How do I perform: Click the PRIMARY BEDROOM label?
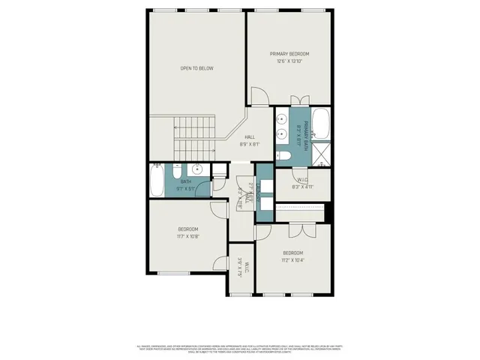pos(289,54)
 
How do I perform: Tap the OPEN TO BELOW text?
pos(196,68)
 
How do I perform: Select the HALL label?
pos(250,136)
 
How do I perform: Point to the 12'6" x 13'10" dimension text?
pos(289,61)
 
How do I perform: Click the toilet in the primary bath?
pos(283,156)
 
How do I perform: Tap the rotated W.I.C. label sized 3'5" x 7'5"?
pos(239,268)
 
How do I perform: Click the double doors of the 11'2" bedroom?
pos(301,229)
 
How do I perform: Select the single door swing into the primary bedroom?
pos(258,96)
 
